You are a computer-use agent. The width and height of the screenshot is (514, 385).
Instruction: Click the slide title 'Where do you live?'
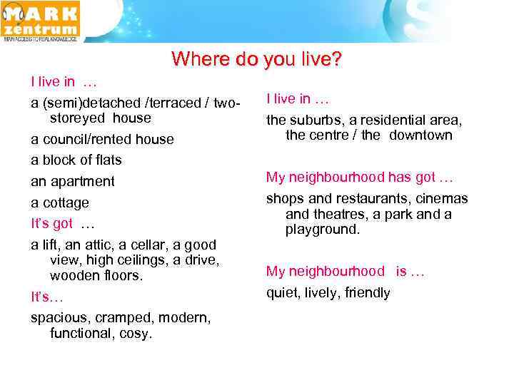[257, 58]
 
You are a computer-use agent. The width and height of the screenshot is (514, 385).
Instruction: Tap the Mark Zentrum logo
[41, 21]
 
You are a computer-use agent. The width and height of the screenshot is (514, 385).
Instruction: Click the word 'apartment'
[81, 182]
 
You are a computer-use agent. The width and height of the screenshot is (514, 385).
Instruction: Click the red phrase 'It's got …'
[63, 224]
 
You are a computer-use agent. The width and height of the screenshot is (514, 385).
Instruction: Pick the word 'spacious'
[58, 318]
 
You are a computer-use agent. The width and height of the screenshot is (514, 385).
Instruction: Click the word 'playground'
[321, 230]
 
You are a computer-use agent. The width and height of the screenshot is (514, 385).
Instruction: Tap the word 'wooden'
[74, 275]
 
